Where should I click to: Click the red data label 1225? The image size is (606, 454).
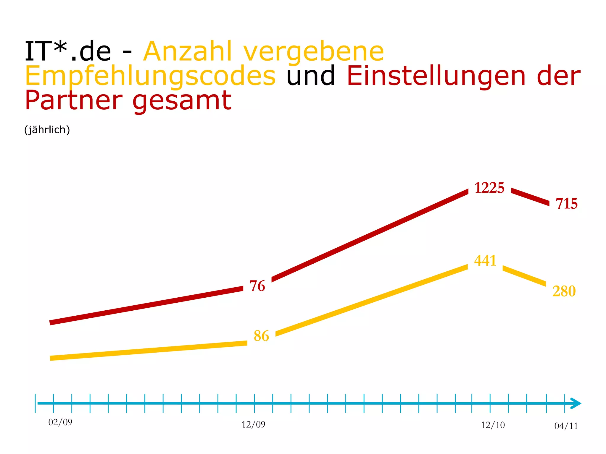point(489,188)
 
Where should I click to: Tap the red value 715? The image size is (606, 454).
point(566,204)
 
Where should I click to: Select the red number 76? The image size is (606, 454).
point(257,286)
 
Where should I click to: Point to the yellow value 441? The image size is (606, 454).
point(485,261)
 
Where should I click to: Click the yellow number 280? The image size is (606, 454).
point(564,291)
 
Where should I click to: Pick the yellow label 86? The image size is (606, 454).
point(261,336)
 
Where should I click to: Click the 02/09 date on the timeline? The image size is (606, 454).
point(60,422)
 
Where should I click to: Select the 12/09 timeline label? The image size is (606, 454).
point(253,425)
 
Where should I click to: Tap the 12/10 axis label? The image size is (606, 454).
point(493,425)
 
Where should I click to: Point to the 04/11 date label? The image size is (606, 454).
point(566,426)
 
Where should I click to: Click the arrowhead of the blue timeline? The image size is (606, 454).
point(576,403)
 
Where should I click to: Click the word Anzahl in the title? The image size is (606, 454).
point(188,52)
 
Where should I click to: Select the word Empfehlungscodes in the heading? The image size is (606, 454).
point(150,76)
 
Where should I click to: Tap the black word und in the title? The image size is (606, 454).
point(311,76)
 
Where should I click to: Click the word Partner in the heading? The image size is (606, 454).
point(74,100)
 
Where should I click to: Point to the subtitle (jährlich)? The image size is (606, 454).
point(47,130)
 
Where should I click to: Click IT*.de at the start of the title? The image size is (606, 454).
point(68,52)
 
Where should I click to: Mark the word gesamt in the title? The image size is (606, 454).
point(182,101)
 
